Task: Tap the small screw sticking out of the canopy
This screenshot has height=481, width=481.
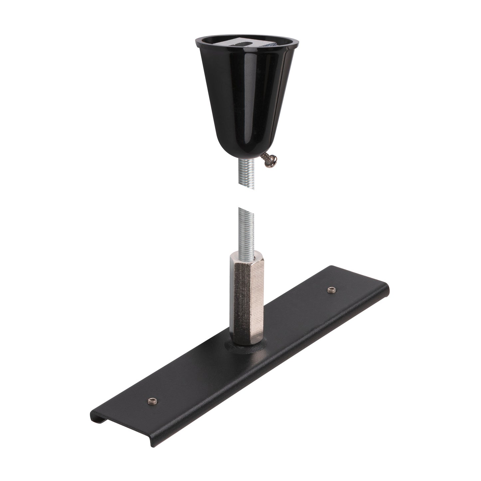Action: [268, 163]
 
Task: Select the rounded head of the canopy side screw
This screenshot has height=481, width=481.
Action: [272, 165]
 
